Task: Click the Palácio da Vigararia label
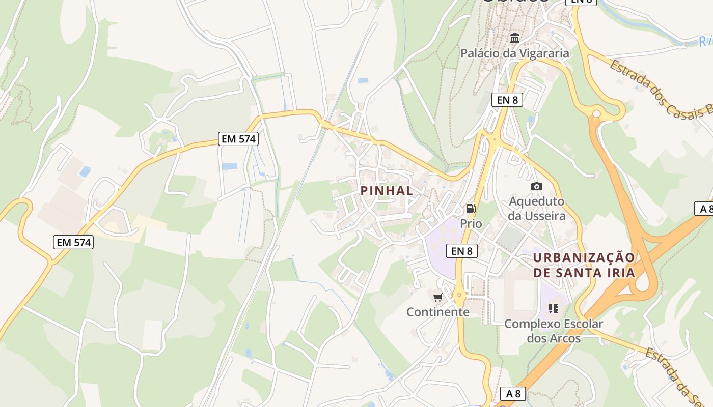coord(514,53)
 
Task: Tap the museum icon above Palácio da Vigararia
coord(515,38)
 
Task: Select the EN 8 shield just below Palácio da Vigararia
coord(507,100)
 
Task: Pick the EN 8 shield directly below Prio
coord(461,250)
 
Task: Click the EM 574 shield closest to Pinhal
coord(238,138)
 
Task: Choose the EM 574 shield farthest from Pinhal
coord(73,242)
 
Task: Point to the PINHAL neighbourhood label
coord(387,191)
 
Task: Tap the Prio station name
coord(471,223)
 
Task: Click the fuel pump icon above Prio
coord(471,208)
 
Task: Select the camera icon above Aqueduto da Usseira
coord(536,187)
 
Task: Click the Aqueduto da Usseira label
coord(537,209)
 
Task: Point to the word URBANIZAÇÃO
coord(584,257)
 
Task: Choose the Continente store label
coord(437,312)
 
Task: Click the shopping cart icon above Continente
coord(437,298)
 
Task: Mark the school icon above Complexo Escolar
coord(554,308)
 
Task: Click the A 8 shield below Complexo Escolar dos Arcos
coord(513,393)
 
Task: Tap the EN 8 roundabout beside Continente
coord(460,295)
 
